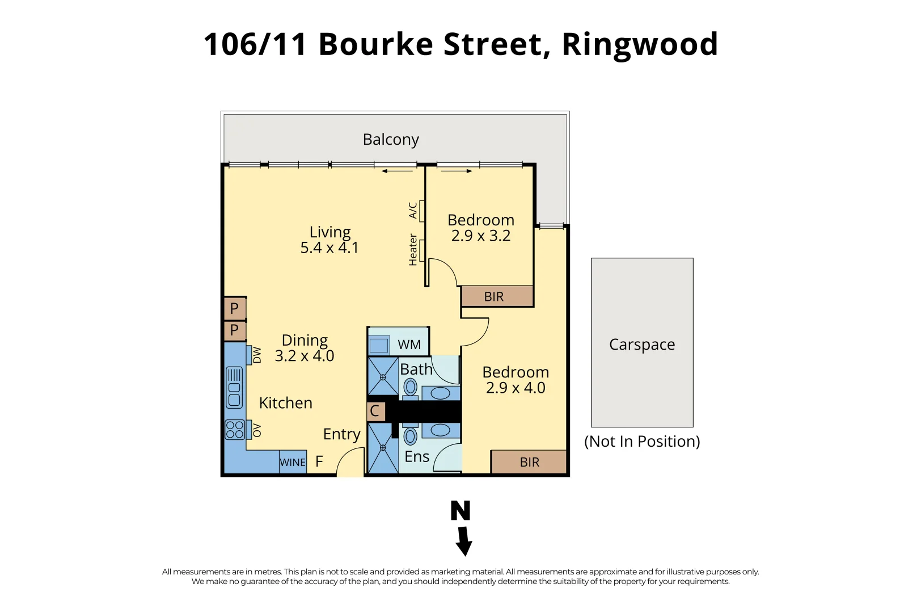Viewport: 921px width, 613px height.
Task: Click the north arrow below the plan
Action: [463, 541]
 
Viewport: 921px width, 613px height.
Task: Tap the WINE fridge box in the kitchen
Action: [293, 462]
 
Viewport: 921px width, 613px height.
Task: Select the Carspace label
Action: [642, 345]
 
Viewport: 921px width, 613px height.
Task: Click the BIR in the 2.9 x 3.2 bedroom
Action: [494, 296]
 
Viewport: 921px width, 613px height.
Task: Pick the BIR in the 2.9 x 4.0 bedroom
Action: [529, 462]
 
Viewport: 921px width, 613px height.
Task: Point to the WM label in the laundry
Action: [409, 345]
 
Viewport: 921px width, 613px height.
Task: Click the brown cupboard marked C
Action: [375, 411]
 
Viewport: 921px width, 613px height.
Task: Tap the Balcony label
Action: [391, 140]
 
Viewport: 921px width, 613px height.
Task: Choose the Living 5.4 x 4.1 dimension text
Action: [329, 248]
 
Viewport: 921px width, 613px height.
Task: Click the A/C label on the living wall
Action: [413, 211]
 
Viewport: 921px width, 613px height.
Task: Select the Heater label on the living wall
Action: [413, 250]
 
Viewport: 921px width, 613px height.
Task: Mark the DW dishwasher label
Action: [257, 355]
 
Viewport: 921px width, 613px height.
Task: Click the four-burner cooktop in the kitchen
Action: [235, 430]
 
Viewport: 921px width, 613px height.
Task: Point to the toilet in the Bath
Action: [411, 388]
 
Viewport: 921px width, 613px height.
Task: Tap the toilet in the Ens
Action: [411, 436]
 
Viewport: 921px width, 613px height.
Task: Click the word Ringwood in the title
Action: [640, 44]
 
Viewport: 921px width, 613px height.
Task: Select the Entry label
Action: [341, 434]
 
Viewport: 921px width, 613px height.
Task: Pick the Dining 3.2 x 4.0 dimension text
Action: [305, 356]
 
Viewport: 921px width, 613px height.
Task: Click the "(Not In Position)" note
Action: [642, 442]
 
